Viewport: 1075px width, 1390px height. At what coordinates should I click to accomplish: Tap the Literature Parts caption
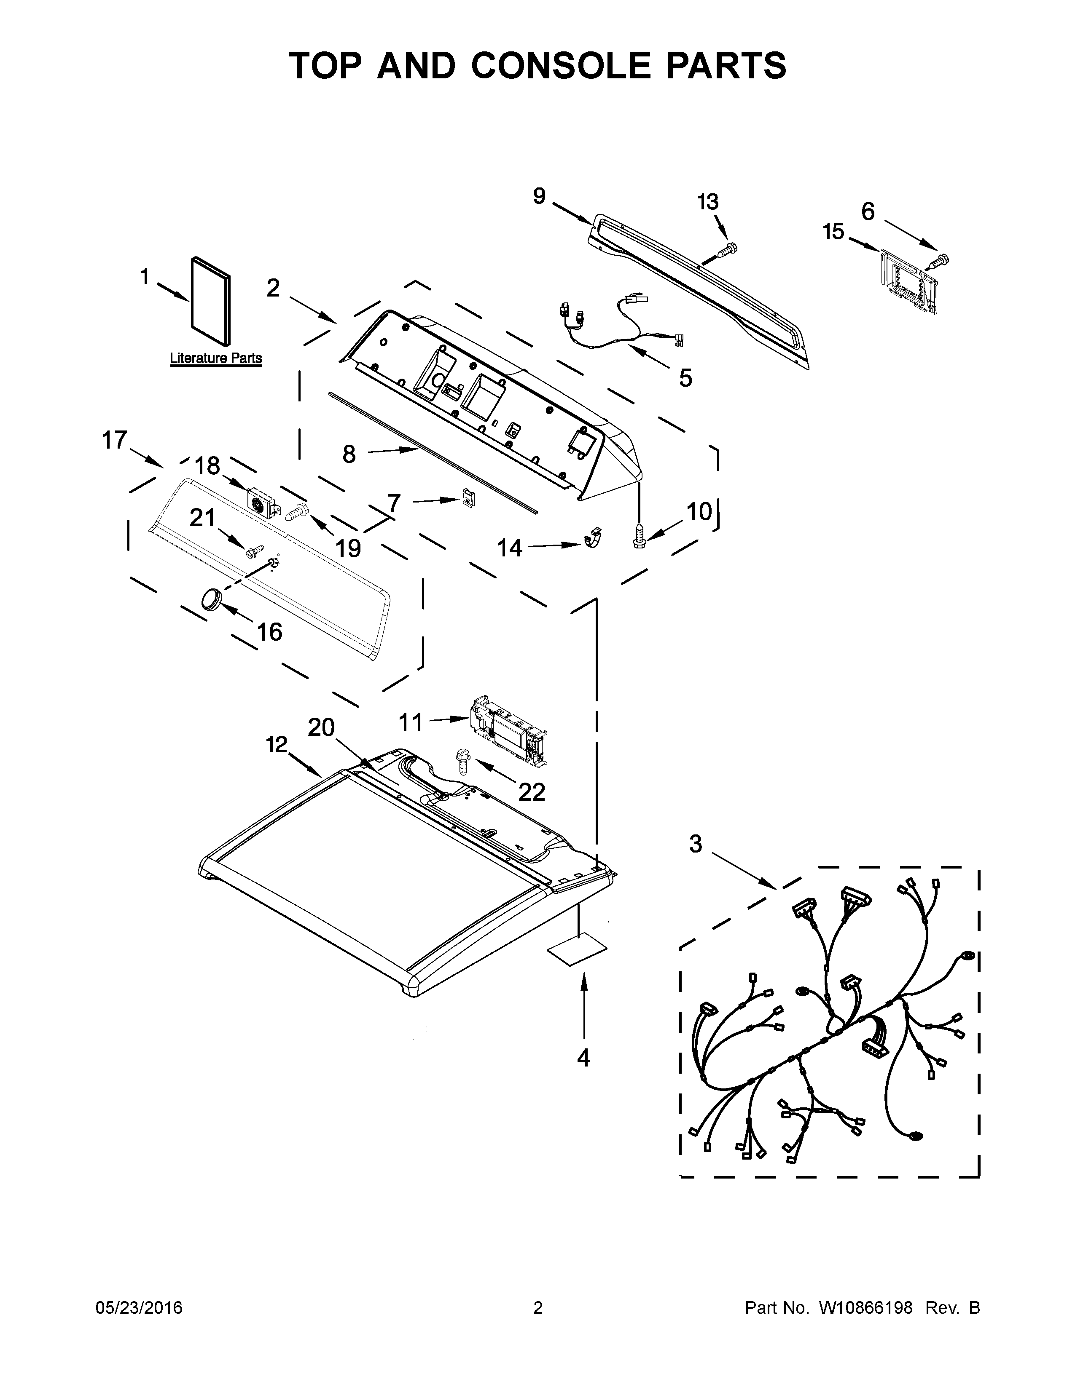point(216,358)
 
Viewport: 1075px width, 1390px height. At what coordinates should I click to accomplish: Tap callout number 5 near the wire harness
point(685,378)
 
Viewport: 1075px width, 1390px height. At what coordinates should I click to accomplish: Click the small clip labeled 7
point(468,498)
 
